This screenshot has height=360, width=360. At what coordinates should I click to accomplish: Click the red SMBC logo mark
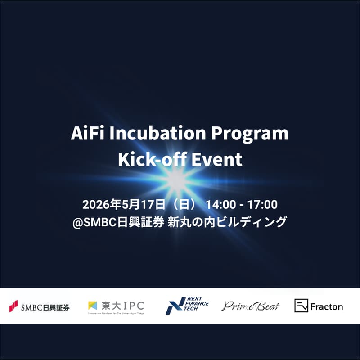13,306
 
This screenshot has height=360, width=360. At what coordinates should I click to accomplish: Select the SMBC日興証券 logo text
45,308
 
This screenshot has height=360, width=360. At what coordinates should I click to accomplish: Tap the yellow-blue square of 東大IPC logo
93,305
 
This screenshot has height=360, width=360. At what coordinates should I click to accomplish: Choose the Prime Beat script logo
250,306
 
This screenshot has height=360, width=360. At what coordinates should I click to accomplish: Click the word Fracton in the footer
327,307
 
